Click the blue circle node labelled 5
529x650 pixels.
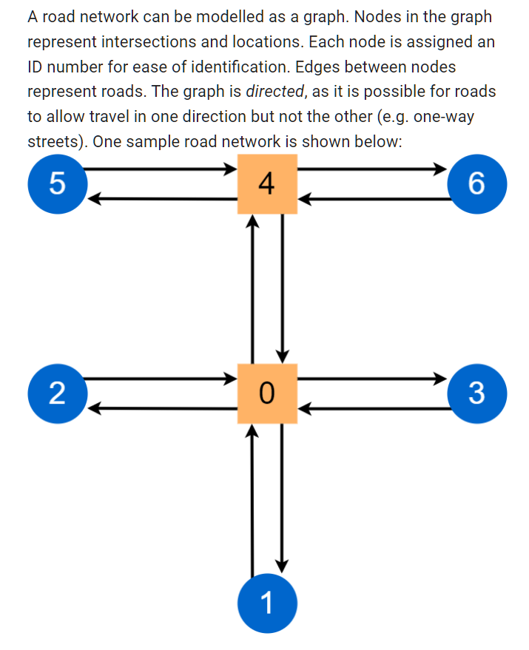coord(57,184)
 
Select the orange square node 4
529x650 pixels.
coord(267,184)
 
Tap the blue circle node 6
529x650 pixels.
coord(477,184)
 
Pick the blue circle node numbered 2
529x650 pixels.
coord(57,393)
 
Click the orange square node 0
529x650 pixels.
coord(267,393)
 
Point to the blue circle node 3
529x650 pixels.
coord(477,393)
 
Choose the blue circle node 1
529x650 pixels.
coord(267,604)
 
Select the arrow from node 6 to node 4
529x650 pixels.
coord(374,199)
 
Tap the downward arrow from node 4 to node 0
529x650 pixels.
coord(282,288)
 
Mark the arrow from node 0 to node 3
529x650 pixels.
coord(374,379)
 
